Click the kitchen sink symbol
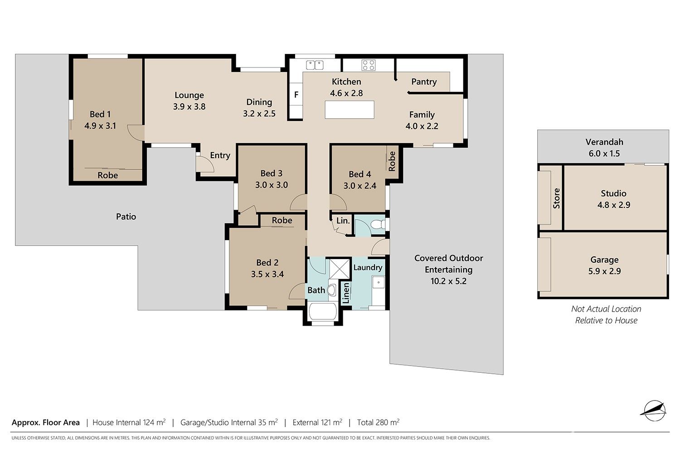coord(315,65)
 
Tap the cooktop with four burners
coord(368,65)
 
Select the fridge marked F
coord(296,95)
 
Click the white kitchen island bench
coord(350,110)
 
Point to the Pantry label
coord(424,82)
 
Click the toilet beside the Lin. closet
coord(378,225)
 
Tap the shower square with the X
coord(340,268)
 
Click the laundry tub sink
coord(379,282)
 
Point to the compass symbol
coord(655,410)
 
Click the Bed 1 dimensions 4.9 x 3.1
coord(100,125)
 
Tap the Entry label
coord(220,155)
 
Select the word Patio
coord(126,217)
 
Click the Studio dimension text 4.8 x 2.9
coord(613,205)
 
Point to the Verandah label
coord(604,142)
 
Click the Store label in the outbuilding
coord(556,198)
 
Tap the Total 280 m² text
coord(378,422)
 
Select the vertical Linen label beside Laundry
coord(345,293)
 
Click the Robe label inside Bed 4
coord(392,161)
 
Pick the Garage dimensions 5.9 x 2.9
coord(604,271)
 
